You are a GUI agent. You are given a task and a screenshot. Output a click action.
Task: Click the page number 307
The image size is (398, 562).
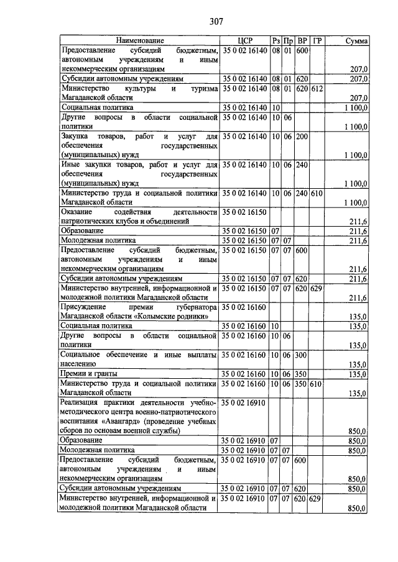point(216,21)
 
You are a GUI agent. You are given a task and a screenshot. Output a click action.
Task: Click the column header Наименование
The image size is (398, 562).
point(139,40)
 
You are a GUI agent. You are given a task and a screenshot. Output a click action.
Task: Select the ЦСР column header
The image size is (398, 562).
point(244,40)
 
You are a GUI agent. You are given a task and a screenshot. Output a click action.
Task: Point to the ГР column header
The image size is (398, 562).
point(318,40)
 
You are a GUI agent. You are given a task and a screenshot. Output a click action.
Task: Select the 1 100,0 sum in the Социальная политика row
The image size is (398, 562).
point(356,107)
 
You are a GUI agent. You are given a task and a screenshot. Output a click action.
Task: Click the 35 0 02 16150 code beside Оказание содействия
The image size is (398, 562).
point(244,212)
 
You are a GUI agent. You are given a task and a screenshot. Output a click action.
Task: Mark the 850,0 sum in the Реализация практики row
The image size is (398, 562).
point(359,430)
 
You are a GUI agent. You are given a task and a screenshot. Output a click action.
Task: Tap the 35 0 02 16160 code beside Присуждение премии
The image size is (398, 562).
point(244,307)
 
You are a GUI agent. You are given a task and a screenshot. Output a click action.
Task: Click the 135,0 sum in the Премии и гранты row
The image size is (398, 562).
point(359,374)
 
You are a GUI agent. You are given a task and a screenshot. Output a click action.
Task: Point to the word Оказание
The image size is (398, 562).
point(78,212)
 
